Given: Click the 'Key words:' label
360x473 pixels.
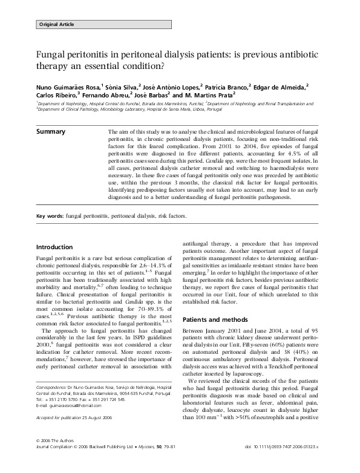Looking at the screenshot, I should point(50,216).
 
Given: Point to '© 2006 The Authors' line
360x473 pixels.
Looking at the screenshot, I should point(57,458).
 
